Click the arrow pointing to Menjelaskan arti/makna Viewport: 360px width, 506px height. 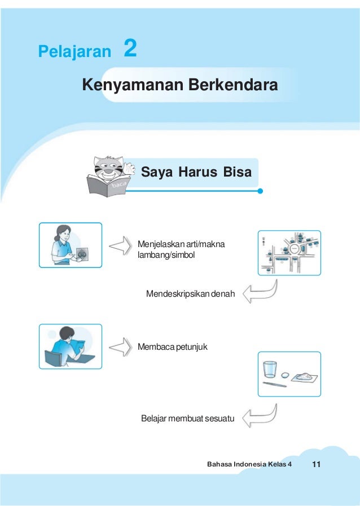pyautogui.click(x=120, y=245)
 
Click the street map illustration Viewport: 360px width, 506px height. pyautogui.click(x=289, y=253)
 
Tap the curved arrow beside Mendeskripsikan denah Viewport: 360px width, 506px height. pyautogui.click(x=262, y=292)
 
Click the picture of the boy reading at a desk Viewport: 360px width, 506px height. pyautogui.click(x=71, y=346)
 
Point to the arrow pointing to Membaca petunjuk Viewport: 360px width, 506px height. pyautogui.click(x=120, y=346)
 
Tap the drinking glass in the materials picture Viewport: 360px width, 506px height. pyautogui.click(x=270, y=369)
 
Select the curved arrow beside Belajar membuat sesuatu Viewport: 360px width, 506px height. pyautogui.click(x=262, y=416)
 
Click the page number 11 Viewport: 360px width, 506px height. pyautogui.click(x=315, y=464)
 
